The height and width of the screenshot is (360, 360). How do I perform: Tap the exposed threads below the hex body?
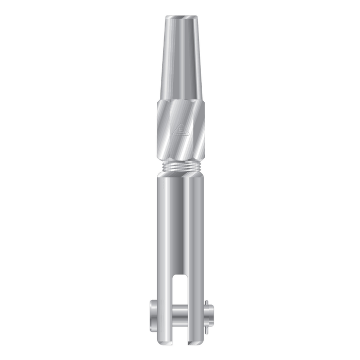[x=180, y=166]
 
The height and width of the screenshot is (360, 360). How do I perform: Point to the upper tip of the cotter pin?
[x=206, y=303]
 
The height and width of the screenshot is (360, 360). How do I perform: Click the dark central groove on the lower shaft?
[x=180, y=221]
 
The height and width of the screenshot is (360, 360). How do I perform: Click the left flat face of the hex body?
[x=164, y=129]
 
